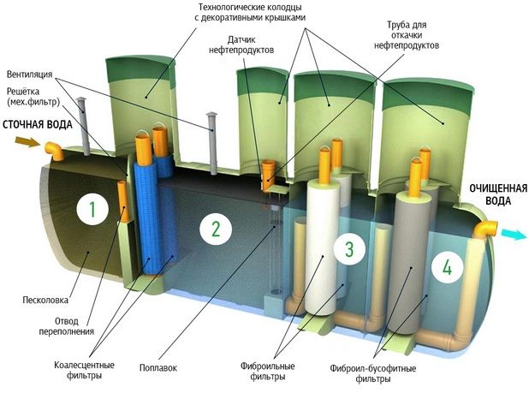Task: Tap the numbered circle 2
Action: (216, 229)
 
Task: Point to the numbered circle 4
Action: (446, 265)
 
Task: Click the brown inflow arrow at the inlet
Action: (29, 143)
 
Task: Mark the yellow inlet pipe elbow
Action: (55, 152)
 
